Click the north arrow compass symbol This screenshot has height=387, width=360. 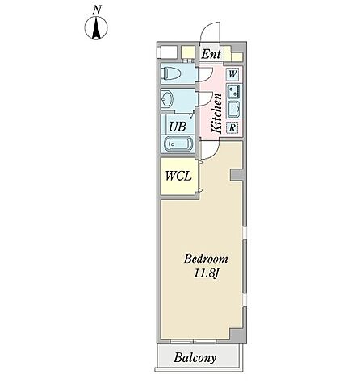point(96,27)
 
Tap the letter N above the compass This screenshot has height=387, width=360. point(97,10)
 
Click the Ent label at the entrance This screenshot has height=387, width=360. point(211,54)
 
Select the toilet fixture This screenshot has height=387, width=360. point(171,73)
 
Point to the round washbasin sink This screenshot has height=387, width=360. point(167,98)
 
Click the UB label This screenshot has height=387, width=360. point(178,127)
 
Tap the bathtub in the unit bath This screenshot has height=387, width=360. point(178,144)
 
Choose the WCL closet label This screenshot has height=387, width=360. point(178,176)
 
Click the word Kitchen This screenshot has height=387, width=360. point(217,113)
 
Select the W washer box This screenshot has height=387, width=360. point(232,73)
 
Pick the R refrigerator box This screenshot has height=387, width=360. point(232,127)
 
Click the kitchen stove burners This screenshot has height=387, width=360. point(233,91)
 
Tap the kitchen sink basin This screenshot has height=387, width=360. point(233,110)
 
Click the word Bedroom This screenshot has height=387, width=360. point(206,260)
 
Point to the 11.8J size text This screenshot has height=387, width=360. point(206,273)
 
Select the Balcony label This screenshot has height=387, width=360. point(195,358)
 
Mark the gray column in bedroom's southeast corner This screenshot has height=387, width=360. point(238,335)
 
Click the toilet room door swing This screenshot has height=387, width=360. point(208,77)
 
